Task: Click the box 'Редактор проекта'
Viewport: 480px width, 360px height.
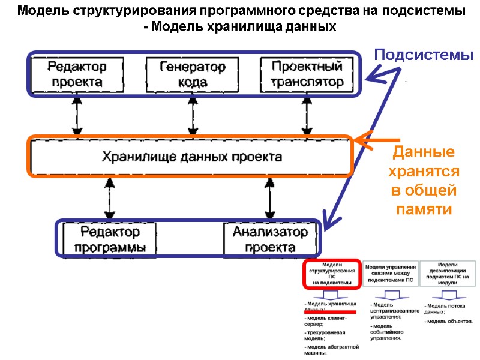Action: tap(77, 74)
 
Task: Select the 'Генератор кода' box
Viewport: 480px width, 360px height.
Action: tap(192, 74)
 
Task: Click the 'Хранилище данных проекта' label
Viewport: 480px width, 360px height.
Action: tap(191, 157)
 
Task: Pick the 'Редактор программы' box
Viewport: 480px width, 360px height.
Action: tap(110, 239)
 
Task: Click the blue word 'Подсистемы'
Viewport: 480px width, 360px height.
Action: tap(424, 55)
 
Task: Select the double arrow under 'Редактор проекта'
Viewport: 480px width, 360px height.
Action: tap(77, 115)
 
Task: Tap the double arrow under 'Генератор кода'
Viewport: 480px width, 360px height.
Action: tap(192, 115)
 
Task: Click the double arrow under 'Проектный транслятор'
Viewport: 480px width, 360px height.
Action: tap(306, 115)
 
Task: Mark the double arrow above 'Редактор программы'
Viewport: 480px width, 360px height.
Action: tap(109, 199)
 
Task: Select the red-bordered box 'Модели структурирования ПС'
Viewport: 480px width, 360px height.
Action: tap(331, 274)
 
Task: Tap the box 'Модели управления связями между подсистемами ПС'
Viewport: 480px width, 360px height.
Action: tap(390, 273)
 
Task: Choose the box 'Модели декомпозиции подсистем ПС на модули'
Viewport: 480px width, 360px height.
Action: tap(448, 273)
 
